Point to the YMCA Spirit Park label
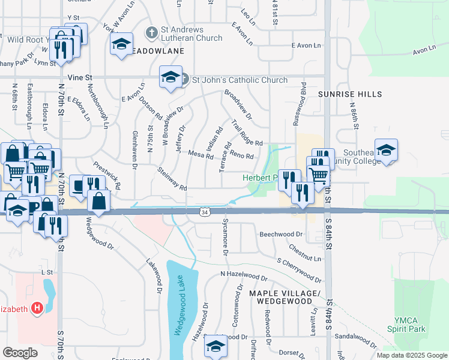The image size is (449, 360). coord(410,325)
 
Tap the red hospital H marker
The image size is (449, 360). coord(37,308)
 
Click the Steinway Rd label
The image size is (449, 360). coord(172,179)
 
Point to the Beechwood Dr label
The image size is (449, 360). coord(279,234)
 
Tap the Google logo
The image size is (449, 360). coord(20,353)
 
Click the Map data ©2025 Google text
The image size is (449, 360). coord(411,355)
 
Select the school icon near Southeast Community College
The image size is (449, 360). coord(386,150)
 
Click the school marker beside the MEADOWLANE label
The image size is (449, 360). coord(121,44)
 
